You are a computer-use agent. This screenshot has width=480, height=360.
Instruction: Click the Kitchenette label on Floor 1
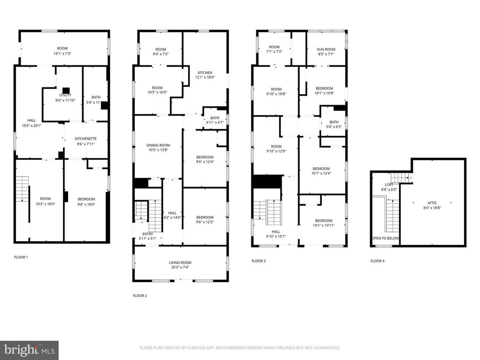(86, 139)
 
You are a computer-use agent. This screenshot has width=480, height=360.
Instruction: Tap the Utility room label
(65, 95)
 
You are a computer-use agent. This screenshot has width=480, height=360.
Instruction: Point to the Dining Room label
(159, 145)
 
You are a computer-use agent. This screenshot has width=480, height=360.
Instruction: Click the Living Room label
(180, 263)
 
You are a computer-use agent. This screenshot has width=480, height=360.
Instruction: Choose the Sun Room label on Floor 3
(326, 49)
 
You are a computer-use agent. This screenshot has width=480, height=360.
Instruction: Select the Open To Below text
(385, 238)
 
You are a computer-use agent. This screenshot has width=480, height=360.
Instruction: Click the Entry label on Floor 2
(147, 234)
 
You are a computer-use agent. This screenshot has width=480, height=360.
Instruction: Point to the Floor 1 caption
(21, 257)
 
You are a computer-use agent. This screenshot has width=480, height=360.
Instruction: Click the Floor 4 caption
(377, 261)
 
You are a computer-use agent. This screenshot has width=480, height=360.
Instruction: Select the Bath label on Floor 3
(334, 122)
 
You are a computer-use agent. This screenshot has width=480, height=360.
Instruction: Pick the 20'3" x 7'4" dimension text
(180, 267)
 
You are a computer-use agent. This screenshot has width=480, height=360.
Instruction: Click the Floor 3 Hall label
(275, 232)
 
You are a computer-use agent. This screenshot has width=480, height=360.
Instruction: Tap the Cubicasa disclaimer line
(240, 347)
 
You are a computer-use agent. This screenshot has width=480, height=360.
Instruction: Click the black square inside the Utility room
(65, 90)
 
